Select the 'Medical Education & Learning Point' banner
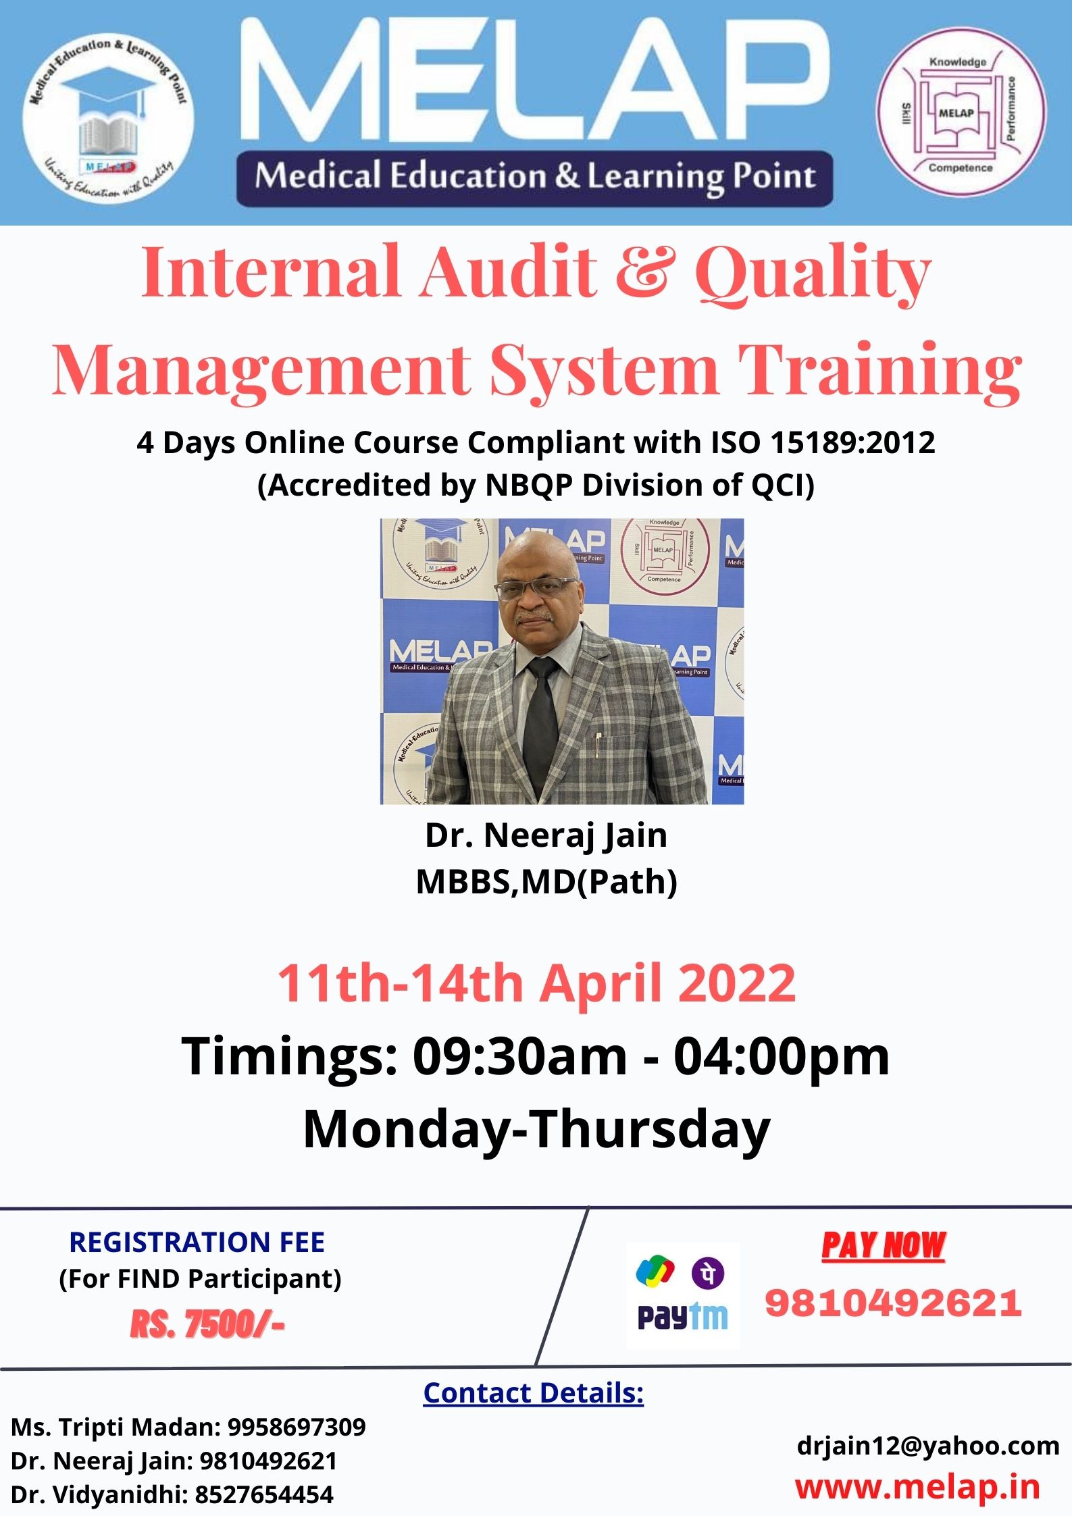pyautogui.click(x=534, y=178)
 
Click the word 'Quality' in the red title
pyautogui.click(x=813, y=275)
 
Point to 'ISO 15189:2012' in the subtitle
pyautogui.click(x=823, y=443)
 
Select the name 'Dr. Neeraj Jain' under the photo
pyautogui.click(x=546, y=835)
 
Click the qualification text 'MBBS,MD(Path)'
pyautogui.click(x=546, y=881)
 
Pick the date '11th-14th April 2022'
pyautogui.click(x=536, y=983)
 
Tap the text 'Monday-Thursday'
pyautogui.click(x=536, y=1129)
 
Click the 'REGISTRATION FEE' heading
pyautogui.click(x=197, y=1243)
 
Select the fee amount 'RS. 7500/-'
pyautogui.click(x=207, y=1325)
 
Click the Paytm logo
pyautogui.click(x=682, y=1317)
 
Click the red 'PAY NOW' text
pyautogui.click(x=884, y=1246)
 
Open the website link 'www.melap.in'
pyautogui.click(x=917, y=1488)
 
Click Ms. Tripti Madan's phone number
pyautogui.click(x=297, y=1427)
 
